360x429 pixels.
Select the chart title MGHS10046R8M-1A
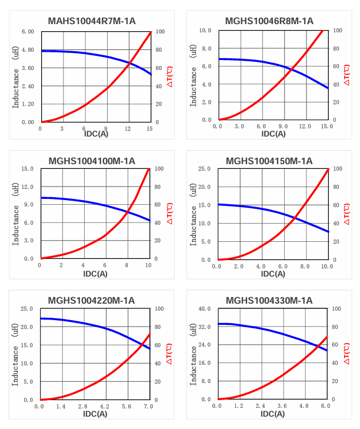269,21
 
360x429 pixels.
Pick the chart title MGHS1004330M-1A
269,300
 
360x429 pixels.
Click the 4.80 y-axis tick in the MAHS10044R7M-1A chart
28,50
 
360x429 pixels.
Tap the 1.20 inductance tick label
28,104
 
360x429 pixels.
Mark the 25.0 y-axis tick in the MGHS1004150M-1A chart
204,169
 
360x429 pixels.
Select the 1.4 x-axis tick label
61,406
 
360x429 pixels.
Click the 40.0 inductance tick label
204,308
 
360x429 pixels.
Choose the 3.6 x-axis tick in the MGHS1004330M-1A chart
282,406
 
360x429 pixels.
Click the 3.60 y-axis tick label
28,68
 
